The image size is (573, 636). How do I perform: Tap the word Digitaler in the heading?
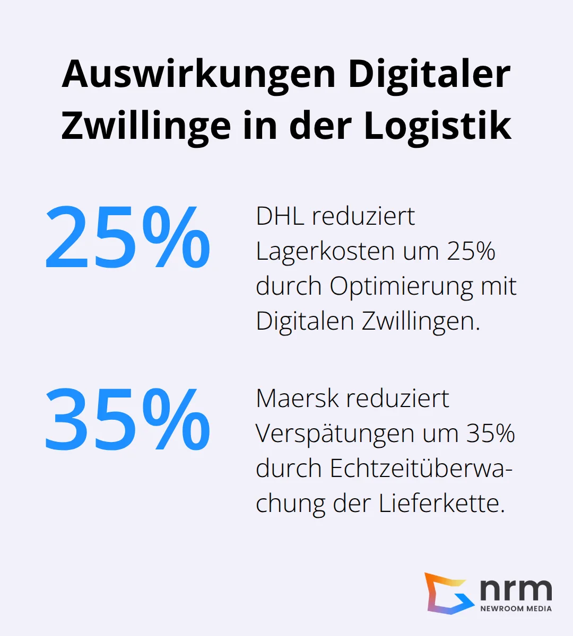click(429, 74)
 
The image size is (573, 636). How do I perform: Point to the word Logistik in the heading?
click(438, 126)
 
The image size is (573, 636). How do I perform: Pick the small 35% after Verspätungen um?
click(491, 434)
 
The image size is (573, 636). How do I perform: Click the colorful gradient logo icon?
click(447, 593)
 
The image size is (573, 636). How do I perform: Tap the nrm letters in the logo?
click(516, 588)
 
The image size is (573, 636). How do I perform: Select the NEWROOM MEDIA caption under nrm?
click(516, 608)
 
